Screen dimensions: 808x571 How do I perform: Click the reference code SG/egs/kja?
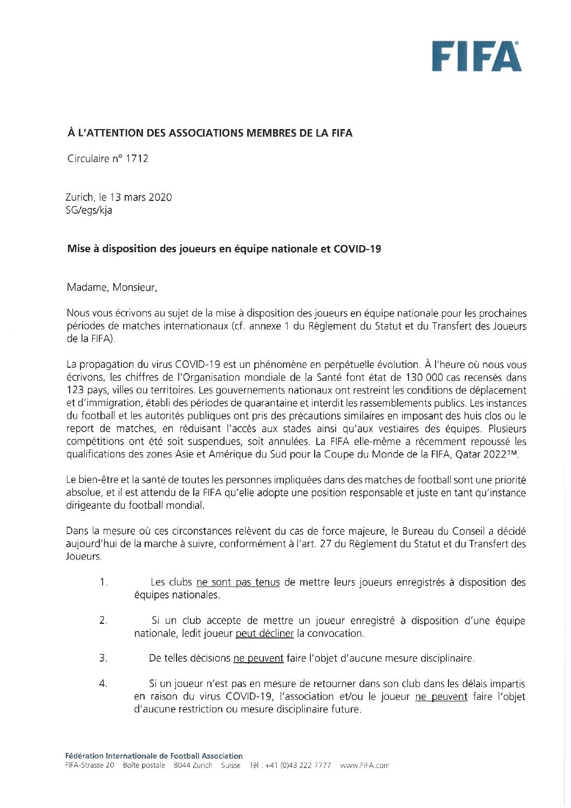tap(89, 210)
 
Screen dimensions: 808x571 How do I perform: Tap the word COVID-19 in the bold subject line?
tap(357, 249)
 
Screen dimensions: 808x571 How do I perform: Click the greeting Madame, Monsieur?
tap(112, 287)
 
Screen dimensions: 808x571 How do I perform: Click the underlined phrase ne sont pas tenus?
tap(238, 582)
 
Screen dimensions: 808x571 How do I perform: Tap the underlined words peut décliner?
tap(264, 634)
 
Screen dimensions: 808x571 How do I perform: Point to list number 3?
tap(103, 658)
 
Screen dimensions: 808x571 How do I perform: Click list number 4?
tap(103, 684)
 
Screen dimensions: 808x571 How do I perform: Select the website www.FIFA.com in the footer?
tap(365, 765)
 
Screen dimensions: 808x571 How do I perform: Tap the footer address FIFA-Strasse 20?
tap(89, 765)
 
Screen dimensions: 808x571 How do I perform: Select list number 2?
tap(103, 621)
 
